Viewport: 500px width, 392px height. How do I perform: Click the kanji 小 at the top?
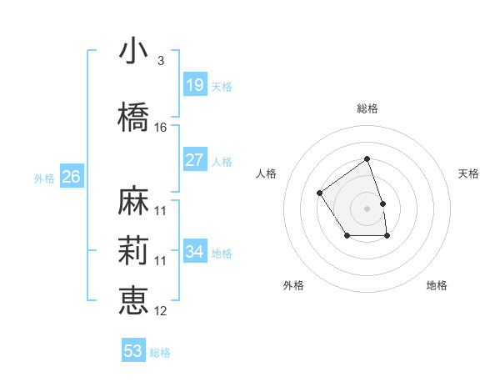[133, 51]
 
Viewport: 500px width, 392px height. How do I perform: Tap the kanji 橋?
[133, 118]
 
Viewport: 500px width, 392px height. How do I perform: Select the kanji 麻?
[133, 201]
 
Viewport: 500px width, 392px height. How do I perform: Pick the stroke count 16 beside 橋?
[161, 128]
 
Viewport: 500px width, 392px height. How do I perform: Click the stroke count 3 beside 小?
[160, 61]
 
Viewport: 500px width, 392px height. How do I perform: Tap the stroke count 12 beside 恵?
[161, 311]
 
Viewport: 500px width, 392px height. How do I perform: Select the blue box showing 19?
[194, 84]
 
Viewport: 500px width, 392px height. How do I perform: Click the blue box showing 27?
[194, 160]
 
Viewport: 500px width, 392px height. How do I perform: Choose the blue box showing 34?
[194, 252]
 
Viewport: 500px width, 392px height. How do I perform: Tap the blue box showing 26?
[71, 177]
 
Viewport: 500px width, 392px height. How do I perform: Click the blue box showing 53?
[133, 351]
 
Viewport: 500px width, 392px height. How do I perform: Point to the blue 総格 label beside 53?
[160, 353]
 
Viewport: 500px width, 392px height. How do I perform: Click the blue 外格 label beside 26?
[44, 178]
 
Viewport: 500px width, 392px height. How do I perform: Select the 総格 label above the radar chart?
[367, 108]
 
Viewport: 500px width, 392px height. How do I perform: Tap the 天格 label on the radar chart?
[468, 173]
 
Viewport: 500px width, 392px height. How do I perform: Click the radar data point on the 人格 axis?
[320, 193]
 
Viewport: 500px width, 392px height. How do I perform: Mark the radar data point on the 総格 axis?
[367, 158]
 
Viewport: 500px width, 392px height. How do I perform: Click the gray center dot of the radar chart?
[367, 208]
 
